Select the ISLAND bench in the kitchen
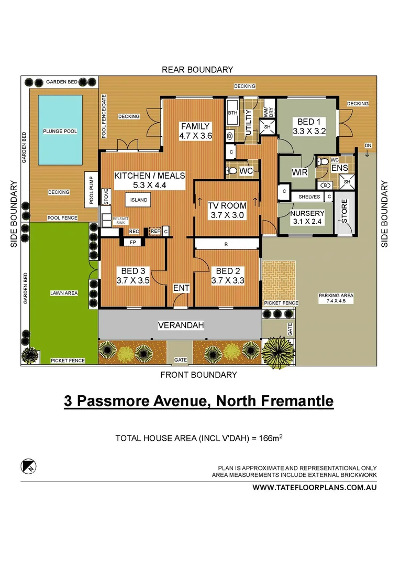click(x=139, y=200)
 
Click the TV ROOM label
click(x=227, y=206)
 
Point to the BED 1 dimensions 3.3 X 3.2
click(x=308, y=132)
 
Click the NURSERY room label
click(x=307, y=213)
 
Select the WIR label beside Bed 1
click(x=299, y=172)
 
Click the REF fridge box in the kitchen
click(x=155, y=231)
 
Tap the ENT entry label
click(x=181, y=288)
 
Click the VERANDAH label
click(x=181, y=325)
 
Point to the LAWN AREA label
click(x=64, y=293)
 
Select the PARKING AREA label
click(x=336, y=296)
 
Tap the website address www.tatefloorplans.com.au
click(x=315, y=487)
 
